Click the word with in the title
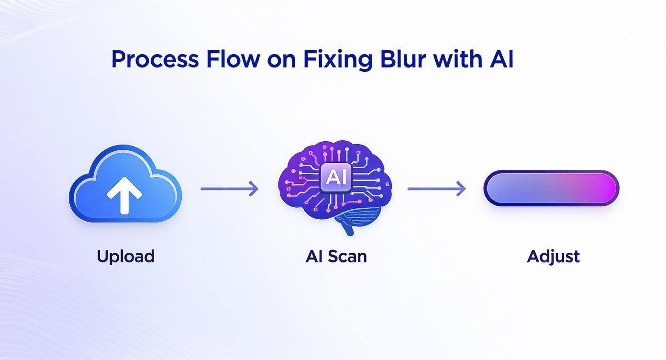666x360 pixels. coord(459,59)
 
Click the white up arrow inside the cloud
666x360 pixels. coord(124,194)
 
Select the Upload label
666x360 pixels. coord(125,256)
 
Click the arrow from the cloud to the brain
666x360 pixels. coord(229,189)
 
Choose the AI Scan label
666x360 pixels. coord(335,256)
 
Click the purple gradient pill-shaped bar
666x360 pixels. coord(551,188)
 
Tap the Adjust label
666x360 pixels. coord(553,257)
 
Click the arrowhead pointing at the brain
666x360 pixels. coord(254,189)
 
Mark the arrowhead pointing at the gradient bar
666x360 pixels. coord(461,189)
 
